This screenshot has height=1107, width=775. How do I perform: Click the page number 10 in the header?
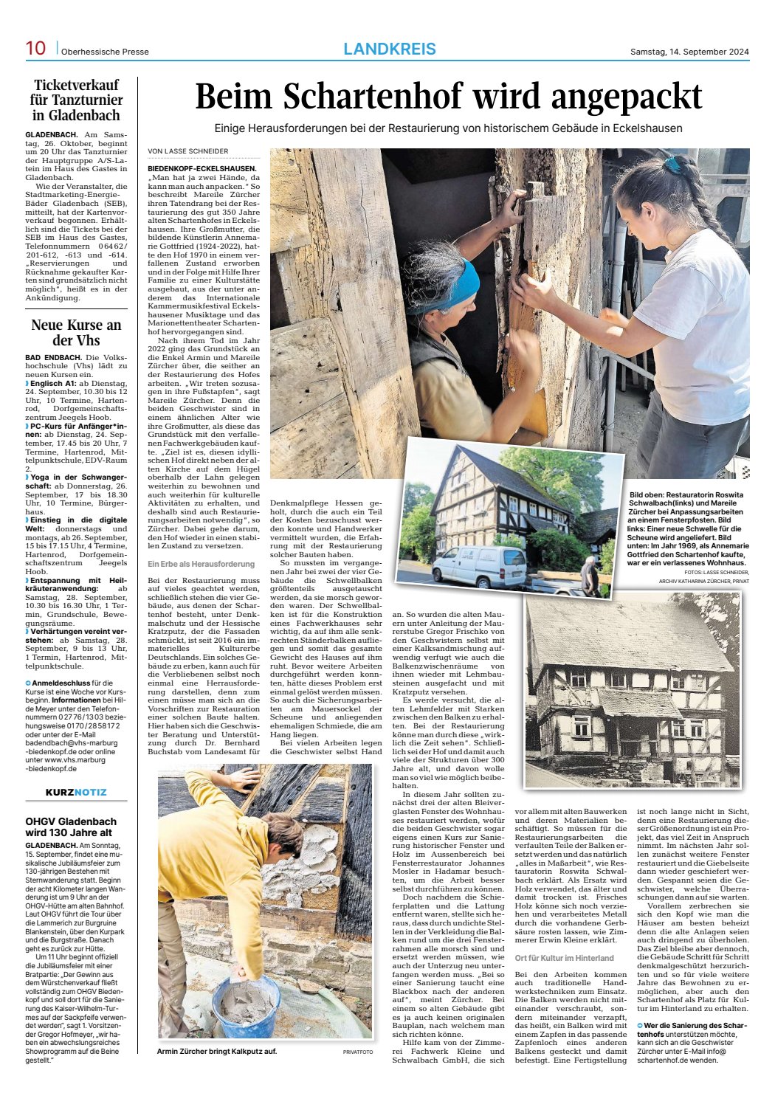(x=35, y=49)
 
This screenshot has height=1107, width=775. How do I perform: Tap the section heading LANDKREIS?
(x=390, y=49)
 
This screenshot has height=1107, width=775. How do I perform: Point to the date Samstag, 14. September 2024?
(x=689, y=52)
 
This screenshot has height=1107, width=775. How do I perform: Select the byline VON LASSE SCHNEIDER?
(x=188, y=151)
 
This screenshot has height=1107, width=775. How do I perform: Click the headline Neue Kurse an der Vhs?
(x=76, y=333)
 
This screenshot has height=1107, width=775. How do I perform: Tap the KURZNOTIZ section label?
(x=76, y=792)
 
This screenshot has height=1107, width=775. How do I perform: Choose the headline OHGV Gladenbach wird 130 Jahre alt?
(x=71, y=827)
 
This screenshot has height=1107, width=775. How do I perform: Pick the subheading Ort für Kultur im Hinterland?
(x=564, y=958)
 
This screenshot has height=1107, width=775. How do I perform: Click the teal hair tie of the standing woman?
(x=672, y=165)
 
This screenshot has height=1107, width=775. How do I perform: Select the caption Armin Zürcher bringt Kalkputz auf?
(x=217, y=1052)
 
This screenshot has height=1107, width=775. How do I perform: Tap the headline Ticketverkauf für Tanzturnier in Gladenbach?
(x=76, y=100)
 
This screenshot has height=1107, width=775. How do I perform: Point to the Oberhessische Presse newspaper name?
(x=105, y=52)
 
